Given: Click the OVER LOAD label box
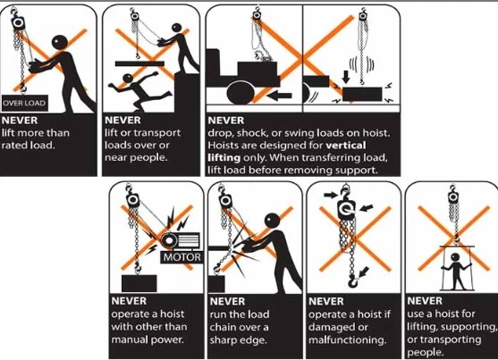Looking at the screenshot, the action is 25,103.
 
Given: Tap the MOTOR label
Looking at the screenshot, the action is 182,257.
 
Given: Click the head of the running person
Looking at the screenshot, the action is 128,78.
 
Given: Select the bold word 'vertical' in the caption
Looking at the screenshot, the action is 346,146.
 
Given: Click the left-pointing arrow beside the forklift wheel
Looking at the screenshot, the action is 279,96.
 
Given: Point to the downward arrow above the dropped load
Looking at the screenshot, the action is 346,77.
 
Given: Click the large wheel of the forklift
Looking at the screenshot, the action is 241,93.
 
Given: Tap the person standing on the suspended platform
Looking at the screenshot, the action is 456,271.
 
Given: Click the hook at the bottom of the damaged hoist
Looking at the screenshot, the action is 352,281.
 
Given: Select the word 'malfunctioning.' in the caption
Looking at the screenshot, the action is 348,340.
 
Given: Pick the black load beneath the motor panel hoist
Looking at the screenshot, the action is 139,283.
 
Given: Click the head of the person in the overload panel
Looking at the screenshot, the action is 60,42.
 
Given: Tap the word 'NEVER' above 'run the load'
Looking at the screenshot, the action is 227,301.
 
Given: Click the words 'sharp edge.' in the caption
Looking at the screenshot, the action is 238,340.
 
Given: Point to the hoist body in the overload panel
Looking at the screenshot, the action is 18,22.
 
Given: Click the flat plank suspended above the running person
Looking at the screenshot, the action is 139,63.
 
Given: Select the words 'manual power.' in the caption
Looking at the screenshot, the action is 148,339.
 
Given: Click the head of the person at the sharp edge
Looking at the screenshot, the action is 273,221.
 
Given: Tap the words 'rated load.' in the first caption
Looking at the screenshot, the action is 28,146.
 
